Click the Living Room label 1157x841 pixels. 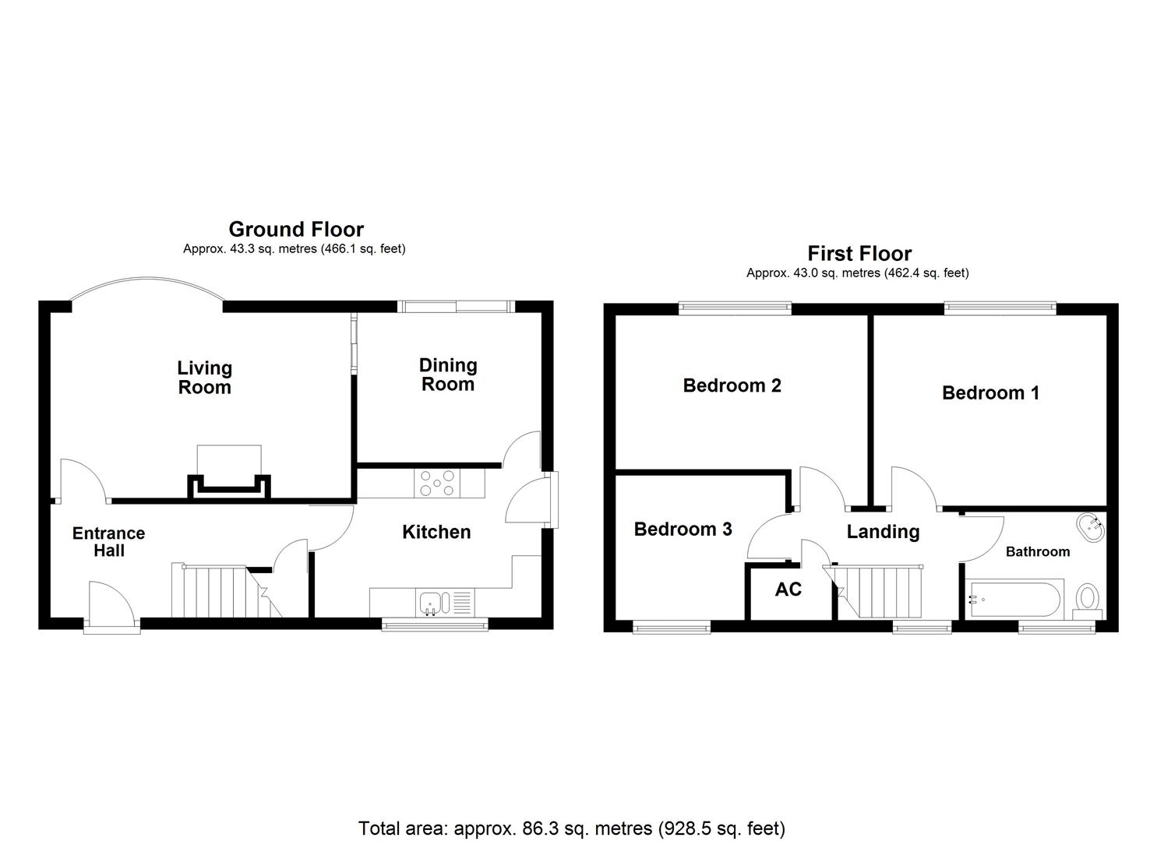205,378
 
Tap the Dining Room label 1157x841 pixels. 448,375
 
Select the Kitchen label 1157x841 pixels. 436,532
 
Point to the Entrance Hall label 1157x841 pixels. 109,541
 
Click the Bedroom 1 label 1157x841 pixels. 990,392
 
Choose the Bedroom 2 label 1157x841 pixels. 732,385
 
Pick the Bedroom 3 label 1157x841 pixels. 683,530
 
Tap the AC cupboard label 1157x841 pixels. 788,589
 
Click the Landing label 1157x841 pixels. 883,532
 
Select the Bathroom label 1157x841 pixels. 1037,551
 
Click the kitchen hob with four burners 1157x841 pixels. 437,483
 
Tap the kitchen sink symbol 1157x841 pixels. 431,602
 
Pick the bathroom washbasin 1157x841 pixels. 1090,527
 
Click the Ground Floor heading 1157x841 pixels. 296,229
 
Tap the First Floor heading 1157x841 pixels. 859,253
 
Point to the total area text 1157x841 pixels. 571,828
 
